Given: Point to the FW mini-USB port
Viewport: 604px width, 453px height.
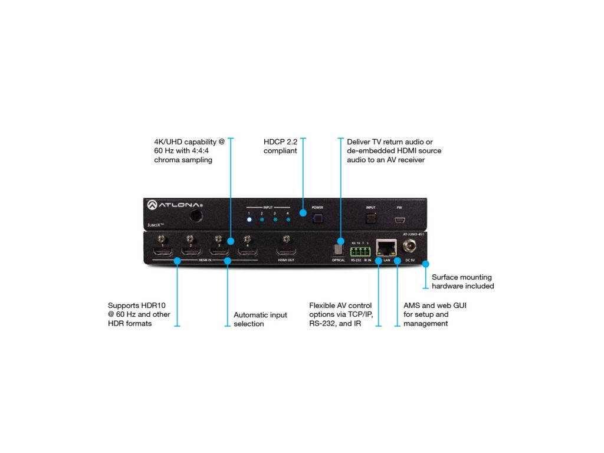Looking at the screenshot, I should click(399, 220).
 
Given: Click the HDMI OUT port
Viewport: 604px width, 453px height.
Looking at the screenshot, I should click(286, 252).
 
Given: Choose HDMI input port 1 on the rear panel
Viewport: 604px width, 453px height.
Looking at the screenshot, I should click(163, 252).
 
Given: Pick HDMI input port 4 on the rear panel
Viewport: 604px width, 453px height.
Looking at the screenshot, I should click(247, 252).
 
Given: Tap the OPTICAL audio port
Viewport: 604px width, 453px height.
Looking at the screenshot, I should click(339, 250).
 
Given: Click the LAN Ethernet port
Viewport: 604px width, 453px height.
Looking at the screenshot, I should click(386, 250).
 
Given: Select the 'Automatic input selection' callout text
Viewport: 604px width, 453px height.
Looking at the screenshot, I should click(260, 319).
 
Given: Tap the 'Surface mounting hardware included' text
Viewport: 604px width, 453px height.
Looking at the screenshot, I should click(462, 281).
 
